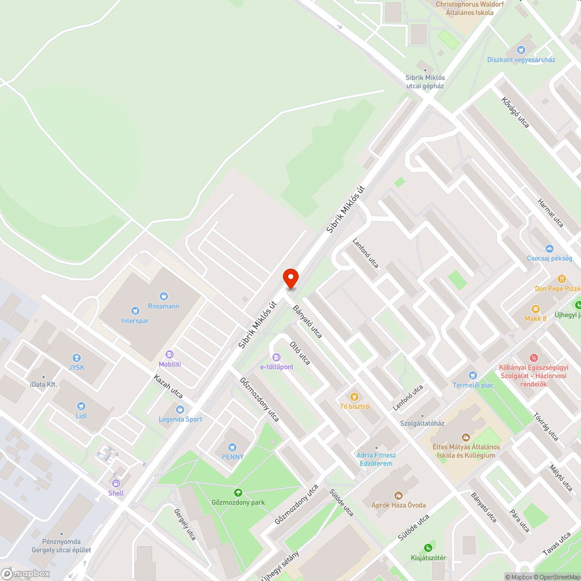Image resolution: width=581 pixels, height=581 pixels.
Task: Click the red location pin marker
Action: pos(290,279)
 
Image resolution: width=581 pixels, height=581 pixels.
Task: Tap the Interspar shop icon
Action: pos(135,311)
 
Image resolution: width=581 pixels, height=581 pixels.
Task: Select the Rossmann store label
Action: pos(164,306)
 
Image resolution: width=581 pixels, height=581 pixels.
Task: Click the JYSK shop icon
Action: pos(76,358)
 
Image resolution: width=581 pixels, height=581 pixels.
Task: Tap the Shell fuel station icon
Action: pos(116,483)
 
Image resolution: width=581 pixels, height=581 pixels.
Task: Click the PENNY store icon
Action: pos(232,447)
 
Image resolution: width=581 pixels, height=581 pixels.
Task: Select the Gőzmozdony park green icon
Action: pos(237,493)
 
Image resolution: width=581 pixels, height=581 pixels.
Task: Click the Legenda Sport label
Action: pos(181,419)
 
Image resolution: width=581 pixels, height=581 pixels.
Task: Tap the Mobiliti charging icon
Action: pos(170,354)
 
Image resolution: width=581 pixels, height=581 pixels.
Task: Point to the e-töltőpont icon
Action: pos(277,357)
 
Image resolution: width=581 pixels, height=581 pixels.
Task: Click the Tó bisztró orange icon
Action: pos(354,396)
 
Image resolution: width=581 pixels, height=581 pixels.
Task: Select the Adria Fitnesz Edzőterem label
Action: pos(376,459)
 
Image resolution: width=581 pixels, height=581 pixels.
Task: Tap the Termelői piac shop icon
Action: pos(472,375)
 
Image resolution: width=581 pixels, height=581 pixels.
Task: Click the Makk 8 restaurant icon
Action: pos(535,309)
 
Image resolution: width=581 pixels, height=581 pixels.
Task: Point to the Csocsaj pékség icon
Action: pos(550,248)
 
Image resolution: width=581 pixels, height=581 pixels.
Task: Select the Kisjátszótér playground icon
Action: pos(428,547)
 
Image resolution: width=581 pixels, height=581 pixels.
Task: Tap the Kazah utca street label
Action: pos(168,386)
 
